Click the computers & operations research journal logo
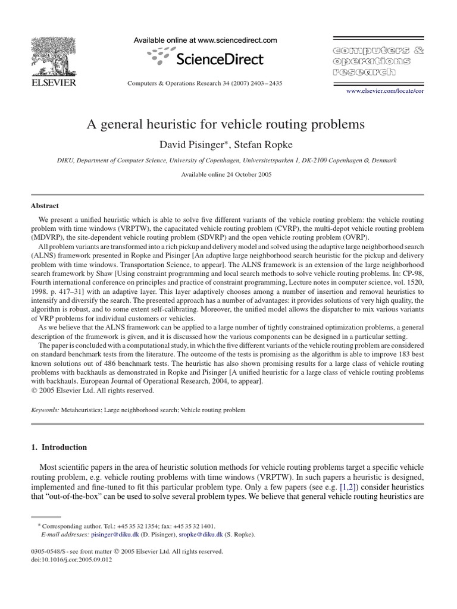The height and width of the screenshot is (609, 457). point(372,59)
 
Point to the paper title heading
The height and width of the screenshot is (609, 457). point(226,125)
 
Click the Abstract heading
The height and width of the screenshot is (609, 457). point(45,206)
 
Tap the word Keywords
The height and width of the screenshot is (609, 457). point(45,410)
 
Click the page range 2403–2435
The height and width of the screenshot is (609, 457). point(267,83)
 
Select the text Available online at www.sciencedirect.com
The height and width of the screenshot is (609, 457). point(205,40)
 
